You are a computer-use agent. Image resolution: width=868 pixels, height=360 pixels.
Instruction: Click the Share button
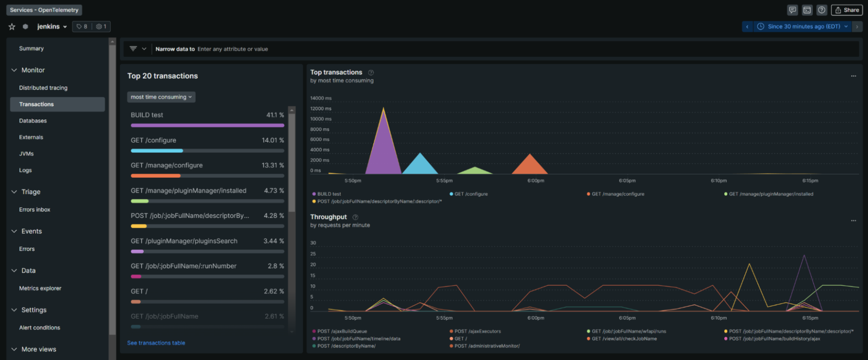pyautogui.click(x=847, y=10)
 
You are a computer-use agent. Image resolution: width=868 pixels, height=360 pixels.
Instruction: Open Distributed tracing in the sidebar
pyautogui.click(x=43, y=88)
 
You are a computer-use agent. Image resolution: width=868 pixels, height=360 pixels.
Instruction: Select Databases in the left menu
pyautogui.click(x=33, y=121)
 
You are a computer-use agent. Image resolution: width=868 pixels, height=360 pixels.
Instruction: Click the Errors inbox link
pyautogui.click(x=34, y=209)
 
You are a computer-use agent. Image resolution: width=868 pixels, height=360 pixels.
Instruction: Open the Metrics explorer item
pyautogui.click(x=40, y=288)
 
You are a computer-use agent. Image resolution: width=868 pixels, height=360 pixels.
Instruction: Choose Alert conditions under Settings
pyautogui.click(x=39, y=327)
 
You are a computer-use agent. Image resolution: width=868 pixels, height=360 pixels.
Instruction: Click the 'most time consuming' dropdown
pyautogui.click(x=161, y=97)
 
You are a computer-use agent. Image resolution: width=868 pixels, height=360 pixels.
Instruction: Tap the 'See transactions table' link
pyautogui.click(x=156, y=343)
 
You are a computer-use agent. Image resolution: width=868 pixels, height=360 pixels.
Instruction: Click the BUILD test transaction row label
pyautogui.click(x=147, y=115)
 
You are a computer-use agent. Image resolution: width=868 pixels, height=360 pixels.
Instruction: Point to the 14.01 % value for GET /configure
pyautogui.click(x=273, y=140)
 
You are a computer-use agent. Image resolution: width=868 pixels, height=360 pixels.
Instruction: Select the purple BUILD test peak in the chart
pyautogui.click(x=383, y=145)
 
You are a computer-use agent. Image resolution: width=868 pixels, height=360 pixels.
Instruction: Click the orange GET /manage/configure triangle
pyautogui.click(x=530, y=165)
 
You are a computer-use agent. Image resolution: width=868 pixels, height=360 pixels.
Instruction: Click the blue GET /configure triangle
pyautogui.click(x=420, y=165)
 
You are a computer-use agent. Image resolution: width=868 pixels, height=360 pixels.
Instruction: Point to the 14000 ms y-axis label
pyautogui.click(x=321, y=98)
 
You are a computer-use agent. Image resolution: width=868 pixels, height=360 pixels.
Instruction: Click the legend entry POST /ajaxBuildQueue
pyautogui.click(x=342, y=332)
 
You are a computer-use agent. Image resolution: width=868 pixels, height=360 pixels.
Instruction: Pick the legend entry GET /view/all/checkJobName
pyautogui.click(x=624, y=339)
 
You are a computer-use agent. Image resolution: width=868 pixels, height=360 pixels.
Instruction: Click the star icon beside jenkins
pyautogui.click(x=12, y=27)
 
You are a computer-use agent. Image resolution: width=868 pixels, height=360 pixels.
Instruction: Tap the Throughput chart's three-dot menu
pyautogui.click(x=853, y=221)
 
